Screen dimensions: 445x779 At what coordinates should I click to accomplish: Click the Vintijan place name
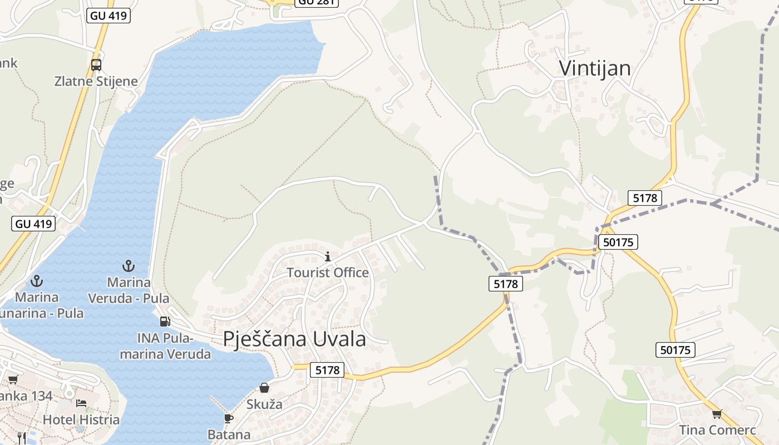pos(594,68)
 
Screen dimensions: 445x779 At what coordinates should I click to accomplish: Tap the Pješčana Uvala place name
pos(294,338)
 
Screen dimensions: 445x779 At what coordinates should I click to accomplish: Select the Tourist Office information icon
pos(328,256)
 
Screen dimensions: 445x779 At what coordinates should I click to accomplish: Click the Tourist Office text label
pos(328,273)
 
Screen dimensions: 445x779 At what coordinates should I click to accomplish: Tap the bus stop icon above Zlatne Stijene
pos(96,65)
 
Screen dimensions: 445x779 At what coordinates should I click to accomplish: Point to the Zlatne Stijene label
pos(96,81)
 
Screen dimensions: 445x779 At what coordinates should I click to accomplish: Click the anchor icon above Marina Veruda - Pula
pos(129,266)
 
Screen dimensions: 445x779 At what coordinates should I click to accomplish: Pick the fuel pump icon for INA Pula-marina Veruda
pos(165,321)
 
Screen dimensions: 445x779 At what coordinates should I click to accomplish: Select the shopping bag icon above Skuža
pos(264,388)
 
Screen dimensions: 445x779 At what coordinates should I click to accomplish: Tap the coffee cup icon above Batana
pos(228,418)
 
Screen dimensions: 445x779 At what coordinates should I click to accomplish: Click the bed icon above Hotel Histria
pos(81,403)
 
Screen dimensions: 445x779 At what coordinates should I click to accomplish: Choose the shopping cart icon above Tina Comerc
pos(717,414)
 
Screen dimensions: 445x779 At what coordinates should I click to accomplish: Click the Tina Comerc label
pos(717,430)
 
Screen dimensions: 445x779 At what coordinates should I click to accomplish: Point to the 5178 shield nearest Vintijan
pos(645,197)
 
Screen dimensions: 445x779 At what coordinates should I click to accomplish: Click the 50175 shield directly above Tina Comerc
pos(676,350)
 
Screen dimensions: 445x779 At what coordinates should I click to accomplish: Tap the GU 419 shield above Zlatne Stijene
pos(109,16)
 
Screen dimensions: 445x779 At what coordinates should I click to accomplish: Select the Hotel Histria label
pos(81,419)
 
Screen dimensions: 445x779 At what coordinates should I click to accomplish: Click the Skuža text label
pos(264,404)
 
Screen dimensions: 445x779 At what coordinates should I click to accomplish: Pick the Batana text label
pos(229,434)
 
